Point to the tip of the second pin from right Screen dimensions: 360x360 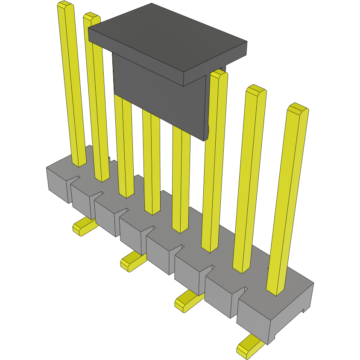click(x=256, y=90)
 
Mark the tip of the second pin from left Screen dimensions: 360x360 click(x=91, y=17)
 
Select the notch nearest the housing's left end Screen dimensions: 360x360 click(x=77, y=179)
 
